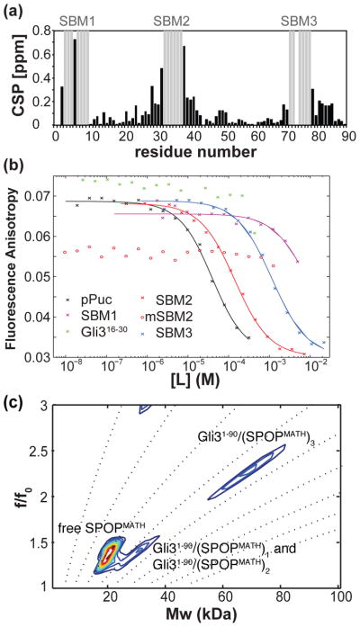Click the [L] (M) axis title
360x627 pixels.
coord(202,374)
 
